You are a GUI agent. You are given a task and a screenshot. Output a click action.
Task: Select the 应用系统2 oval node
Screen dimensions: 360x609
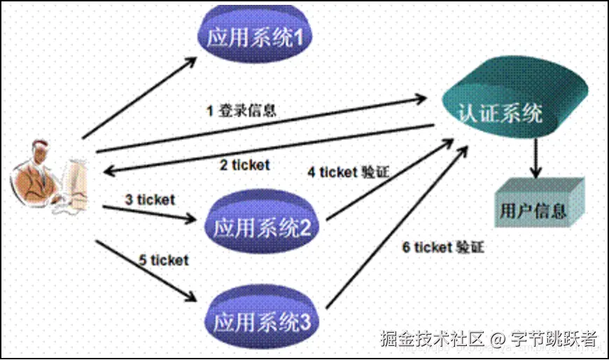263,226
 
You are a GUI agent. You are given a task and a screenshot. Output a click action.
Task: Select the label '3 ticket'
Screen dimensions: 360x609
150,200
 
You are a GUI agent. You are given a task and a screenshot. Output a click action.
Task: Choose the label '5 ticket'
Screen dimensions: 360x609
163,261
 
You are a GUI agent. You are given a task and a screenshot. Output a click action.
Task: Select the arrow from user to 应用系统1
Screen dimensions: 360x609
140,97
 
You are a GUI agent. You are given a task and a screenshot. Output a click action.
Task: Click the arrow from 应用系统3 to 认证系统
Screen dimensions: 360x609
392,231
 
